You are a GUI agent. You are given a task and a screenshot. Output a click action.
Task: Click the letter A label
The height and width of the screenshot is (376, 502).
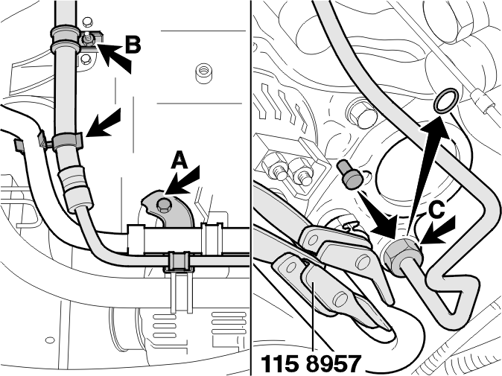tap(179, 160)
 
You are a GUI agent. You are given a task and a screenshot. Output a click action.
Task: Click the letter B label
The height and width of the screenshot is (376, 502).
tap(133, 45)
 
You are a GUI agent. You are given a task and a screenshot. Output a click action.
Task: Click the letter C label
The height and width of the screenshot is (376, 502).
tap(437, 211)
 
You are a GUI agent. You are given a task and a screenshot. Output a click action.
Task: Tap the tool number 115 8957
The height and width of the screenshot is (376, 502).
tap(311, 363)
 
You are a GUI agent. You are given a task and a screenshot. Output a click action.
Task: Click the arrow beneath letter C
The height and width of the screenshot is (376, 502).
tap(437, 231)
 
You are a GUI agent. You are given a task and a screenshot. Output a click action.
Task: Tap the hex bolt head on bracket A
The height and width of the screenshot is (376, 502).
tap(163, 205)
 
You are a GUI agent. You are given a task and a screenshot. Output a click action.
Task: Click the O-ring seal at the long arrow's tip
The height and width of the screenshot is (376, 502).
tap(445, 101)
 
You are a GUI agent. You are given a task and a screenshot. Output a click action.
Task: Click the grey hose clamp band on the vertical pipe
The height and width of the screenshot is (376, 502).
tap(67, 141)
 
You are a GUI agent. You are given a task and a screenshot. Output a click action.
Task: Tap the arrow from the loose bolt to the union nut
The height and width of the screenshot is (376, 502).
tap(379, 217)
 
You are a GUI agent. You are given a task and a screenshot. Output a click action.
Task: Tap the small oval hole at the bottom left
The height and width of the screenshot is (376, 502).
tap(49, 340)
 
